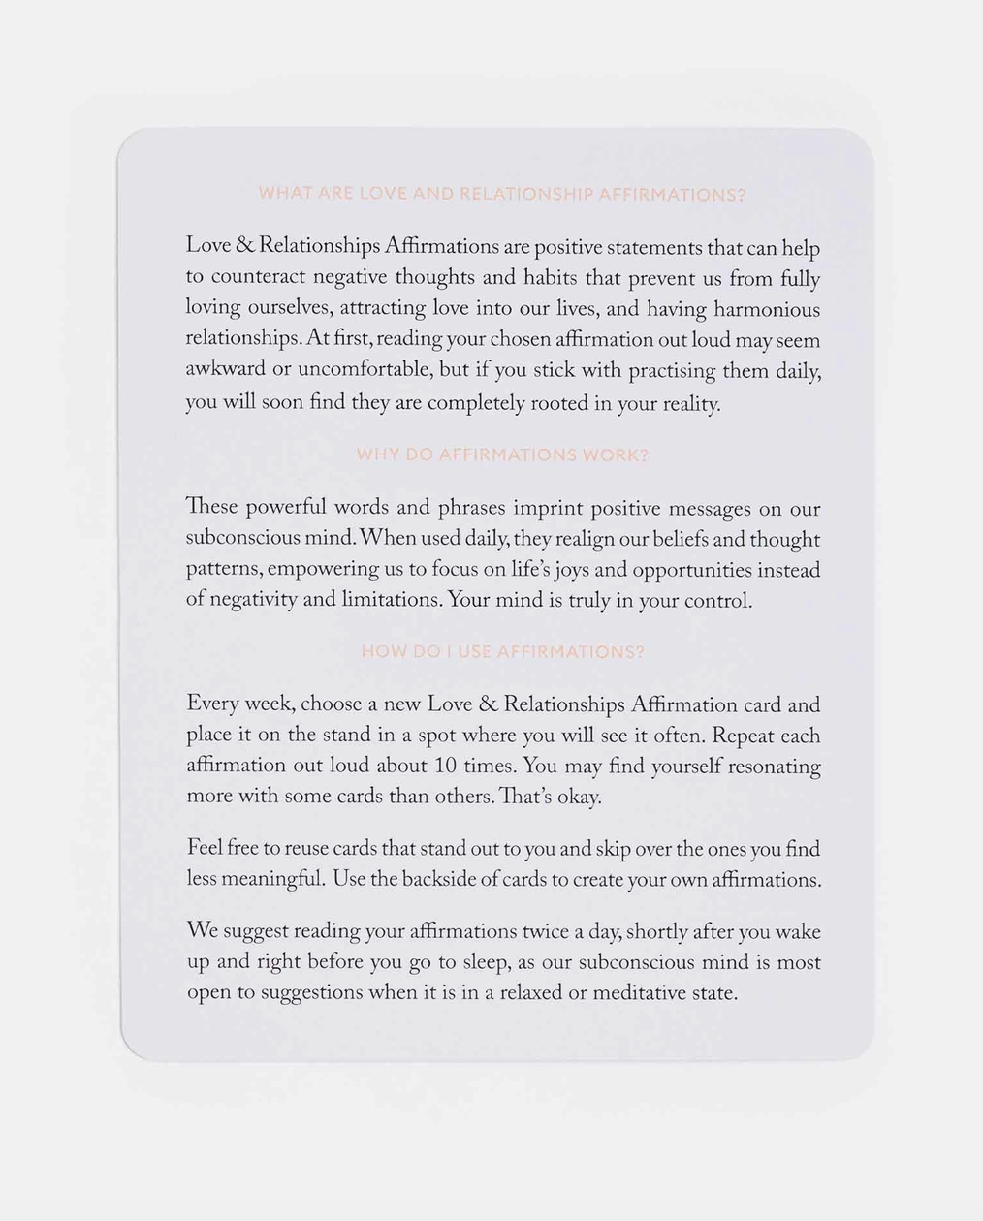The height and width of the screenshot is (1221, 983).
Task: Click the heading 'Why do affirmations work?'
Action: [x=502, y=454]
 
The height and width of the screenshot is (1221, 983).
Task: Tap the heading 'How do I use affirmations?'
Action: [x=502, y=652]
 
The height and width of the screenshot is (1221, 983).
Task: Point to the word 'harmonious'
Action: [x=767, y=310]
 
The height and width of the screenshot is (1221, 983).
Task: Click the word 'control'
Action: [x=717, y=601]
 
